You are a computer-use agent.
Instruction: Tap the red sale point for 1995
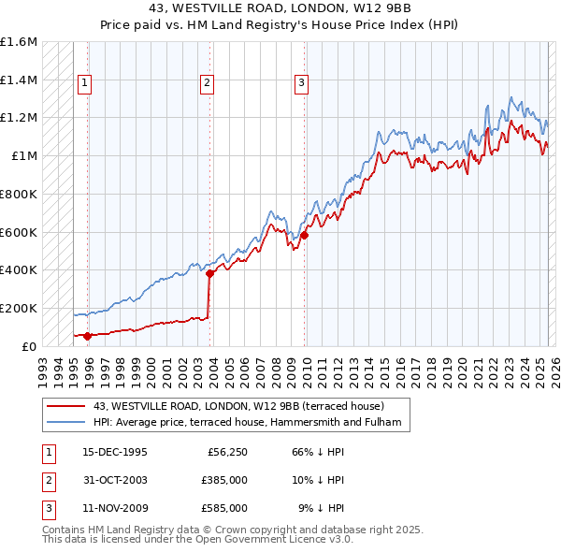coord(88,336)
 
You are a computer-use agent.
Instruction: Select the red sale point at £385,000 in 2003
coord(209,273)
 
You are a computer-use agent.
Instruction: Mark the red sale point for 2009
coord(305,235)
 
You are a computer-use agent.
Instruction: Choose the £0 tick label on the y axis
coord(30,346)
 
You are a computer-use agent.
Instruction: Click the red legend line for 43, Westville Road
coord(66,406)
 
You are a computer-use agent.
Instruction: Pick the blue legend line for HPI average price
coord(66,423)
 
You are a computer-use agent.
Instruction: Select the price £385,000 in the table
coord(224,481)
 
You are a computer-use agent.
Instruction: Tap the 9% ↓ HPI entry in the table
coord(321,508)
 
